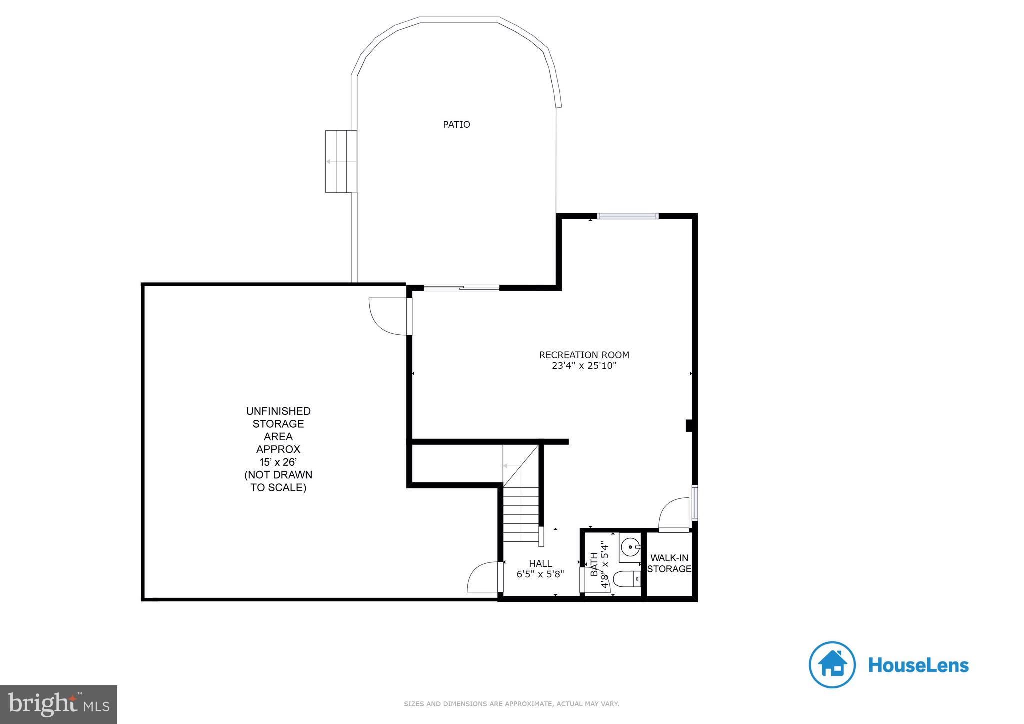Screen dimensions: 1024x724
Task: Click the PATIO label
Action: (x=456, y=124)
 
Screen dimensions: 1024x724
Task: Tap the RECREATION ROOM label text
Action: (x=584, y=355)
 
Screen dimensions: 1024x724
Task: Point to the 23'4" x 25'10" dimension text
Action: (x=584, y=366)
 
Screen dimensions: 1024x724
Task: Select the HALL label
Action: (x=540, y=564)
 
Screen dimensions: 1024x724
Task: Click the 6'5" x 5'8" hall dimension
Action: (x=540, y=574)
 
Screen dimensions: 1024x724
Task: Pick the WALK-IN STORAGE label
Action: (x=669, y=563)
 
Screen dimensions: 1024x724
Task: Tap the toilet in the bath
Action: (x=627, y=579)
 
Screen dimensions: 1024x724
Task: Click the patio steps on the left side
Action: (x=341, y=161)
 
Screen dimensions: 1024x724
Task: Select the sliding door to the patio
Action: (x=461, y=287)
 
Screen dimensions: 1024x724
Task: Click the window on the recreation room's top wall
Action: (x=628, y=216)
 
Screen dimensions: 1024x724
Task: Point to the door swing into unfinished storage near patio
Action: (x=388, y=316)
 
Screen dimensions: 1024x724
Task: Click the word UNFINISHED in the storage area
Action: (x=278, y=411)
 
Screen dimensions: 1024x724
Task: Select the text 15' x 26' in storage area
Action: (x=278, y=462)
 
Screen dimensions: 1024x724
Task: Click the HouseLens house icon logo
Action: (x=832, y=665)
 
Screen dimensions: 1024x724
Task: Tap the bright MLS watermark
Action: (x=59, y=704)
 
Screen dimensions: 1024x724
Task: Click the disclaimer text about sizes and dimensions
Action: (x=511, y=704)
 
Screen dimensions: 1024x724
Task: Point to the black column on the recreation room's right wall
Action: (x=689, y=425)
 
